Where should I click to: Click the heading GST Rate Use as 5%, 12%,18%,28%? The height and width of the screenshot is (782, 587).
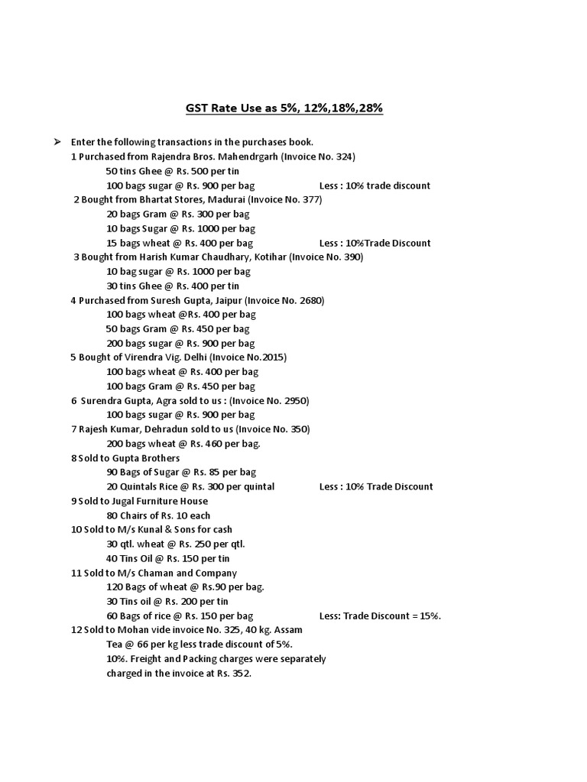(x=284, y=108)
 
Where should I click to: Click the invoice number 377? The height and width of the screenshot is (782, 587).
(x=310, y=199)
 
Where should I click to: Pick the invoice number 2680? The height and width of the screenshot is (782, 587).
(x=310, y=300)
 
